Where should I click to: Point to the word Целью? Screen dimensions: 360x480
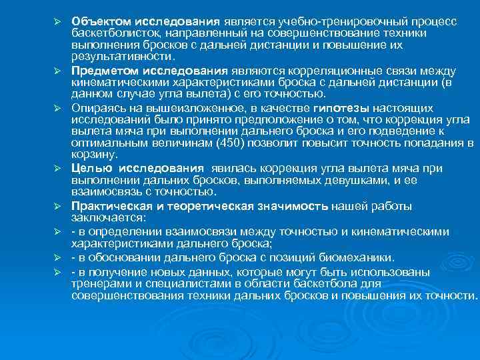click(x=87, y=168)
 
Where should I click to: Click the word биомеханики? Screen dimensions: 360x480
click(x=360, y=258)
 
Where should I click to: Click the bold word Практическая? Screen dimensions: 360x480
click(x=109, y=206)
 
